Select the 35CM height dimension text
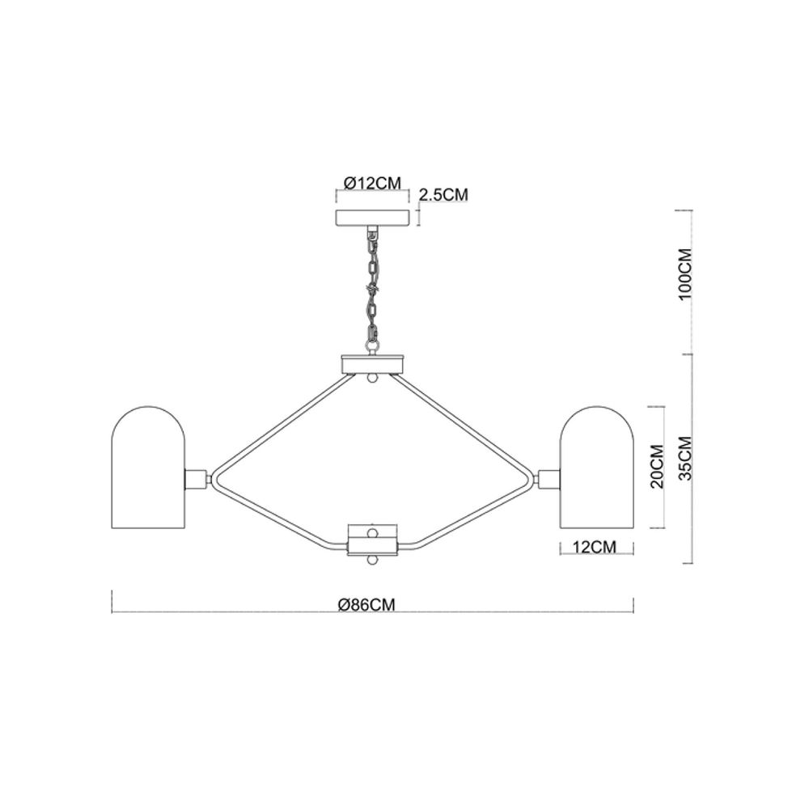point(684,458)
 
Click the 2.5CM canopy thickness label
point(443,194)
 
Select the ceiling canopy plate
point(372,218)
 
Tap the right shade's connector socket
point(548,479)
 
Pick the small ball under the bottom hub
point(372,560)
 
